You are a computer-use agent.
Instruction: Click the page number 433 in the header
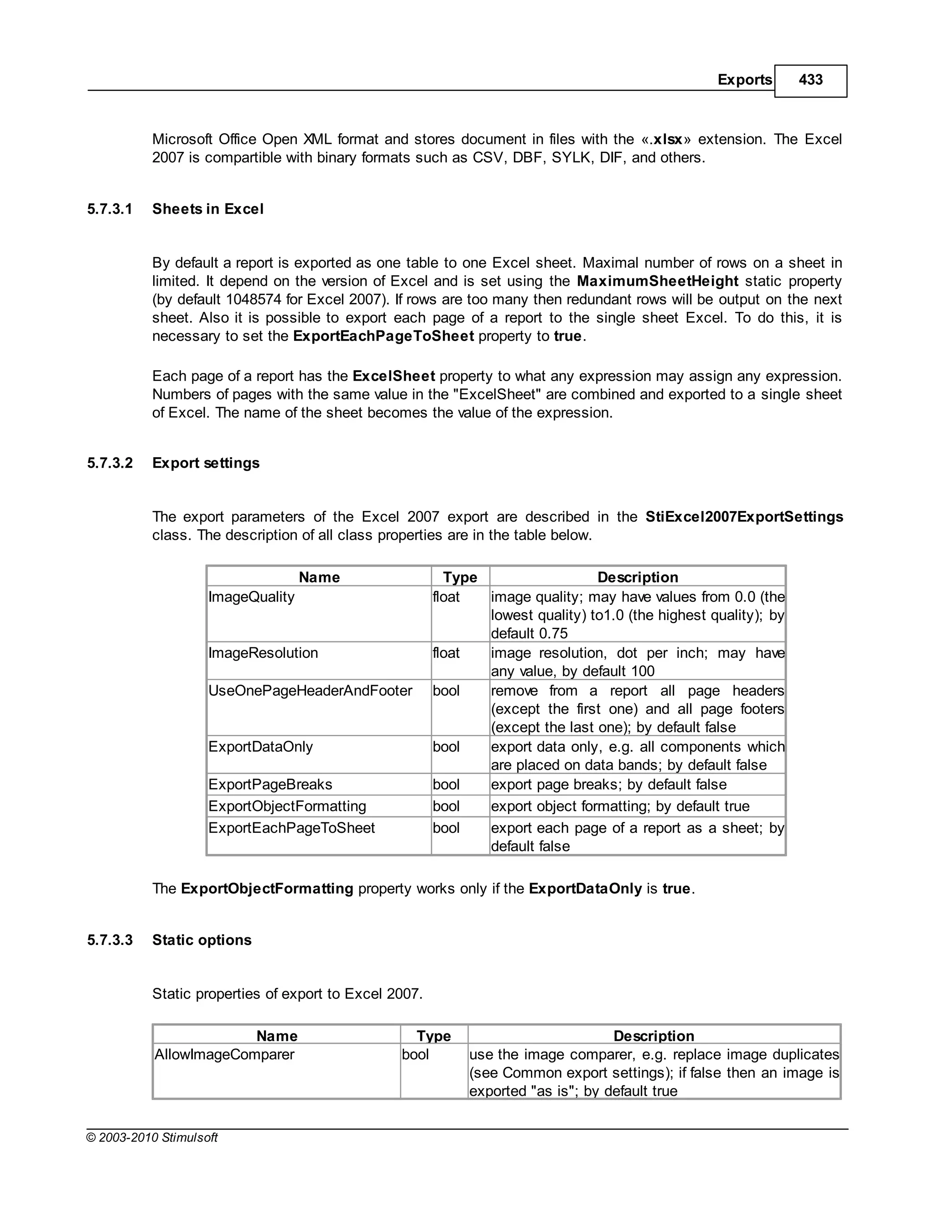(x=810, y=80)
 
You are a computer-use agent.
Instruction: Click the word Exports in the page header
(x=744, y=80)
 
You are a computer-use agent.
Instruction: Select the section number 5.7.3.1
(x=109, y=209)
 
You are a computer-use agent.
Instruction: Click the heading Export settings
(x=206, y=463)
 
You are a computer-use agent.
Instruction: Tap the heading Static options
(x=202, y=940)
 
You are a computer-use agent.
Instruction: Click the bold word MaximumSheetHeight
(x=657, y=281)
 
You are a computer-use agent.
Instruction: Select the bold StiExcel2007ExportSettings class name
(x=744, y=516)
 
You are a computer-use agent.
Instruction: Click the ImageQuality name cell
(x=251, y=597)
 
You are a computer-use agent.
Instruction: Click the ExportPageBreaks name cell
(x=270, y=785)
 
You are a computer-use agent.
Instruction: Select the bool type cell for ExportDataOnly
(x=446, y=747)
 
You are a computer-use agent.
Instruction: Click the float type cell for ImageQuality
(x=446, y=597)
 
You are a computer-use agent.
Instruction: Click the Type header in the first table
(x=460, y=577)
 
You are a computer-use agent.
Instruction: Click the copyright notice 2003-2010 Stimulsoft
(x=152, y=1137)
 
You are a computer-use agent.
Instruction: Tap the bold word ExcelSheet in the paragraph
(x=394, y=376)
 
